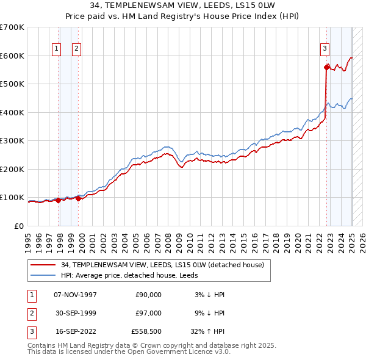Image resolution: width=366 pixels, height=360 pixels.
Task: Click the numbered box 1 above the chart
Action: (x=57, y=49)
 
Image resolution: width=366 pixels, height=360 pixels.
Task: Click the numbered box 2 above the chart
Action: (x=76, y=49)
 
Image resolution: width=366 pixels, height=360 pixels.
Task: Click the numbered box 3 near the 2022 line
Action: (x=325, y=49)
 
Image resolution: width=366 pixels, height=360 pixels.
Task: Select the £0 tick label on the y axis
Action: (x=20, y=226)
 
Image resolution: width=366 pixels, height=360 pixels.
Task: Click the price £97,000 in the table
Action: (x=149, y=313)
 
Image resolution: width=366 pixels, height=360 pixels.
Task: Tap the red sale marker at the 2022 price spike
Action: (x=326, y=67)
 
